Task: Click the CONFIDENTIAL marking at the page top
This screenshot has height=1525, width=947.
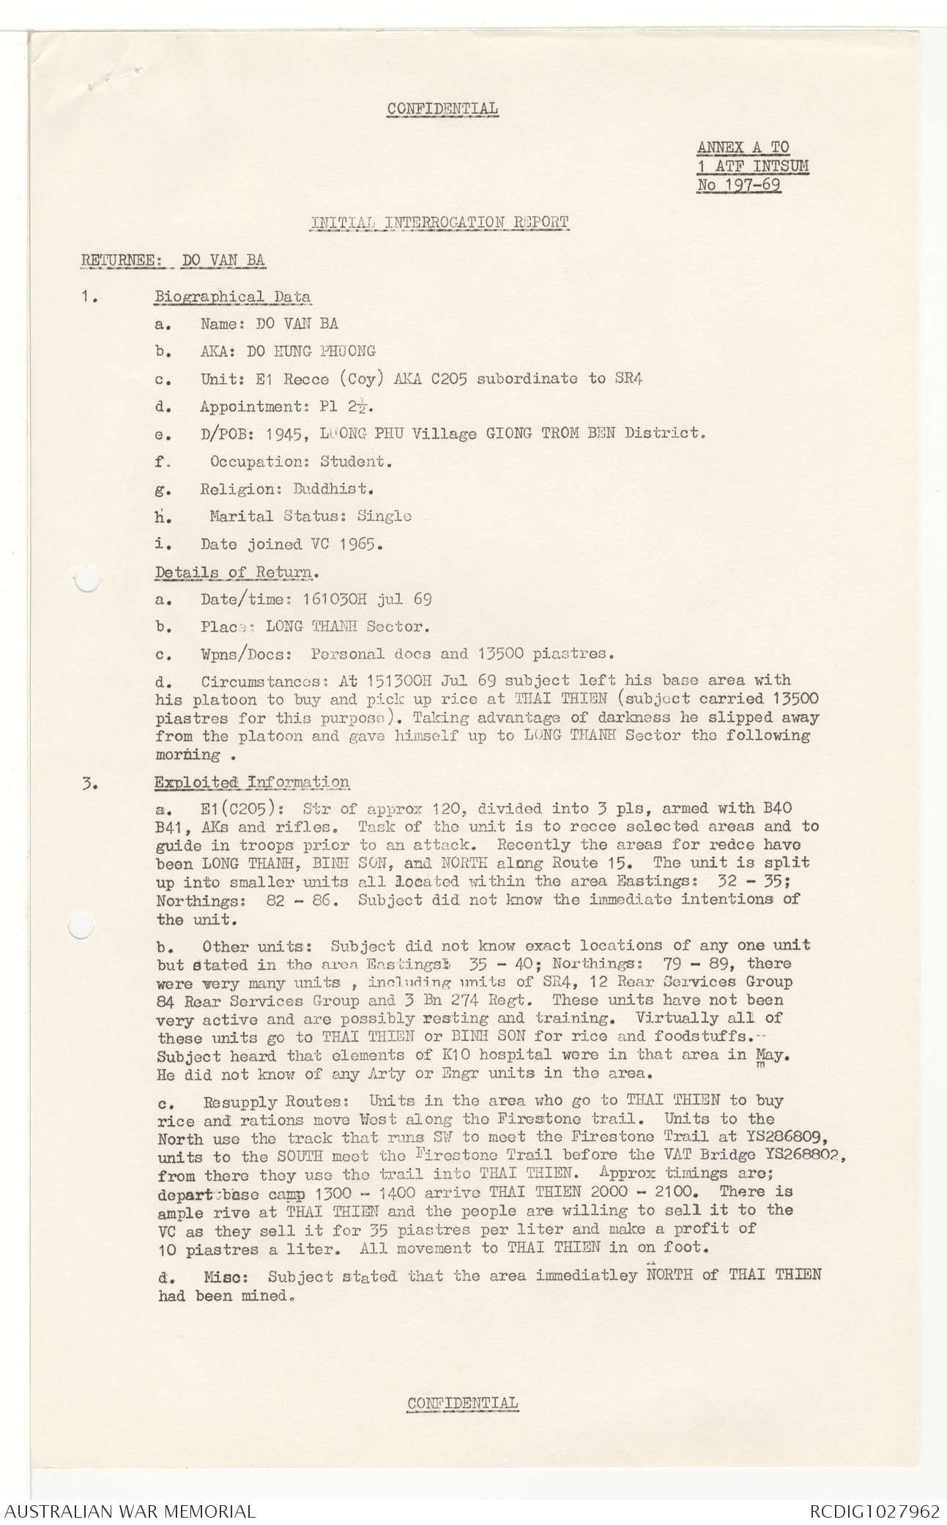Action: click(x=442, y=109)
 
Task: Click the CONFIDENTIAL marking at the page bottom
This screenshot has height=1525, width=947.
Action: click(x=462, y=1403)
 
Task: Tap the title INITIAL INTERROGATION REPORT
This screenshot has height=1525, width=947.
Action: click(x=439, y=222)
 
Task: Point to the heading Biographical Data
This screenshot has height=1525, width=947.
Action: click(x=232, y=297)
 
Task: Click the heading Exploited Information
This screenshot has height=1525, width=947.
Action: click(x=251, y=782)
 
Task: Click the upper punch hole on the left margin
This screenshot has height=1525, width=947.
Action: click(x=86, y=580)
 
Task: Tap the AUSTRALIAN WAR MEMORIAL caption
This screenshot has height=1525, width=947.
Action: click(x=128, y=1511)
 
